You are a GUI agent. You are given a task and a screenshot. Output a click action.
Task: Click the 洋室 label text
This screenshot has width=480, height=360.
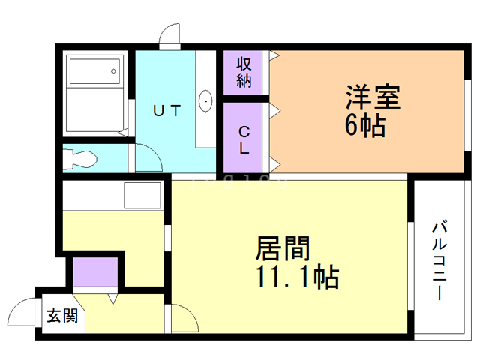click(x=373, y=97)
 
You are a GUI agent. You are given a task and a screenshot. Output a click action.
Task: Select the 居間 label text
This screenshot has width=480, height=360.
click(x=283, y=248)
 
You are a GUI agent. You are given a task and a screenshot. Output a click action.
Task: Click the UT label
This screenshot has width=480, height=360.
click(x=166, y=111)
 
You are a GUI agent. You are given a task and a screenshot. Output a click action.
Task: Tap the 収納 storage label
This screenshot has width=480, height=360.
click(x=244, y=72)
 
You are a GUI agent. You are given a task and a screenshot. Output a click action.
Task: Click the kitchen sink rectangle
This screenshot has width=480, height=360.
click(x=143, y=196)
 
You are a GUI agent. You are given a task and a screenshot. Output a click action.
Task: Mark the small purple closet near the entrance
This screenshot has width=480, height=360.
click(x=95, y=271)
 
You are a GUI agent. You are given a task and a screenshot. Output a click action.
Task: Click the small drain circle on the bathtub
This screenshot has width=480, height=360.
click(x=113, y=72)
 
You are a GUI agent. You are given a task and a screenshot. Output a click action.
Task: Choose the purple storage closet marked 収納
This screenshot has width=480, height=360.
click(x=244, y=73)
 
